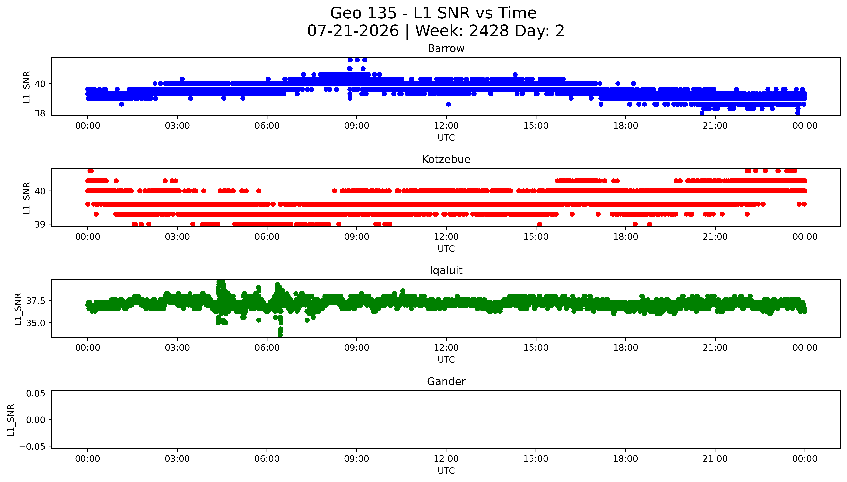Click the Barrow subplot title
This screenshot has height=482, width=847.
tap(446, 49)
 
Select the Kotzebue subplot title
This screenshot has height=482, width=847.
tap(446, 160)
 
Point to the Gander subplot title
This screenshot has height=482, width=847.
tap(446, 382)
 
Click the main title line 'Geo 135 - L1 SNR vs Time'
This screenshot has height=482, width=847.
tap(433, 13)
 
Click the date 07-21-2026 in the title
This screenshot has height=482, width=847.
tap(353, 31)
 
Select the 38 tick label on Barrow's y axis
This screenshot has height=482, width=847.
tap(40, 114)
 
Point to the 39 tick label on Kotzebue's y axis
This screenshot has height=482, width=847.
tap(40, 224)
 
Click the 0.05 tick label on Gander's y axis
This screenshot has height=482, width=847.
tap(36, 393)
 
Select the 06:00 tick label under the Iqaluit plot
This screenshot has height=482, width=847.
tap(267, 348)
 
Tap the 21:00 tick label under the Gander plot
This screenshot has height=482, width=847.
tap(715, 459)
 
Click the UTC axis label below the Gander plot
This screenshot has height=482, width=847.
tap(446, 471)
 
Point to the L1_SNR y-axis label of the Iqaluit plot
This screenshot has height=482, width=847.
tap(18, 309)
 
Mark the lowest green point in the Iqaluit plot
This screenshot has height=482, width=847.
tap(280, 335)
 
